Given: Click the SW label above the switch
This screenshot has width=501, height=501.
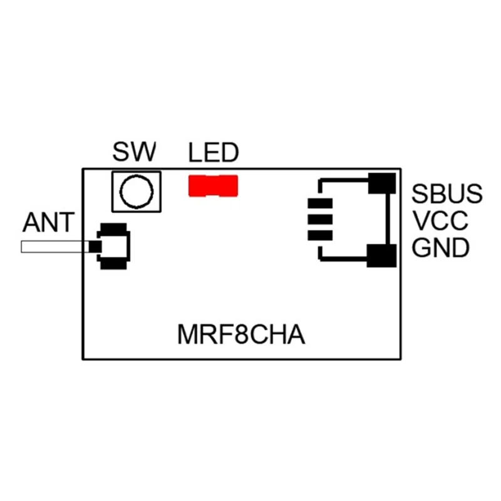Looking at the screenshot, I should tap(135, 152).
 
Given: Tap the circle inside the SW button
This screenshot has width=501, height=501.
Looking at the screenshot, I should tap(136, 192).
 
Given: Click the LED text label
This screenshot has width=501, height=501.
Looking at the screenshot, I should tap(214, 152).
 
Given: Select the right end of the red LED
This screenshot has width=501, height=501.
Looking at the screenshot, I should tap(229, 186).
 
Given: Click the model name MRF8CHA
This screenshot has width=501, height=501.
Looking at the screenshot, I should tap(241, 334).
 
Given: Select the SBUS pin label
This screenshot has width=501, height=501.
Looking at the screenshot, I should tap(447, 194).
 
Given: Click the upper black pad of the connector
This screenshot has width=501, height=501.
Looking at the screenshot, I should tap(382, 183).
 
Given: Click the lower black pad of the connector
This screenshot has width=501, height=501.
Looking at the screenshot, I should tap(382, 256).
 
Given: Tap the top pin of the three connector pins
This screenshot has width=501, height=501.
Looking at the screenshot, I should tap(319, 205).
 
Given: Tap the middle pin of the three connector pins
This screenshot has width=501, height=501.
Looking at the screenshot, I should tap(319, 220).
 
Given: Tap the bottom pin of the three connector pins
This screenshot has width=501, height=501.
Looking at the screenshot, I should tap(319, 235).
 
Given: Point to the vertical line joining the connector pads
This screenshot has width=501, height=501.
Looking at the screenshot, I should tap(390, 219).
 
